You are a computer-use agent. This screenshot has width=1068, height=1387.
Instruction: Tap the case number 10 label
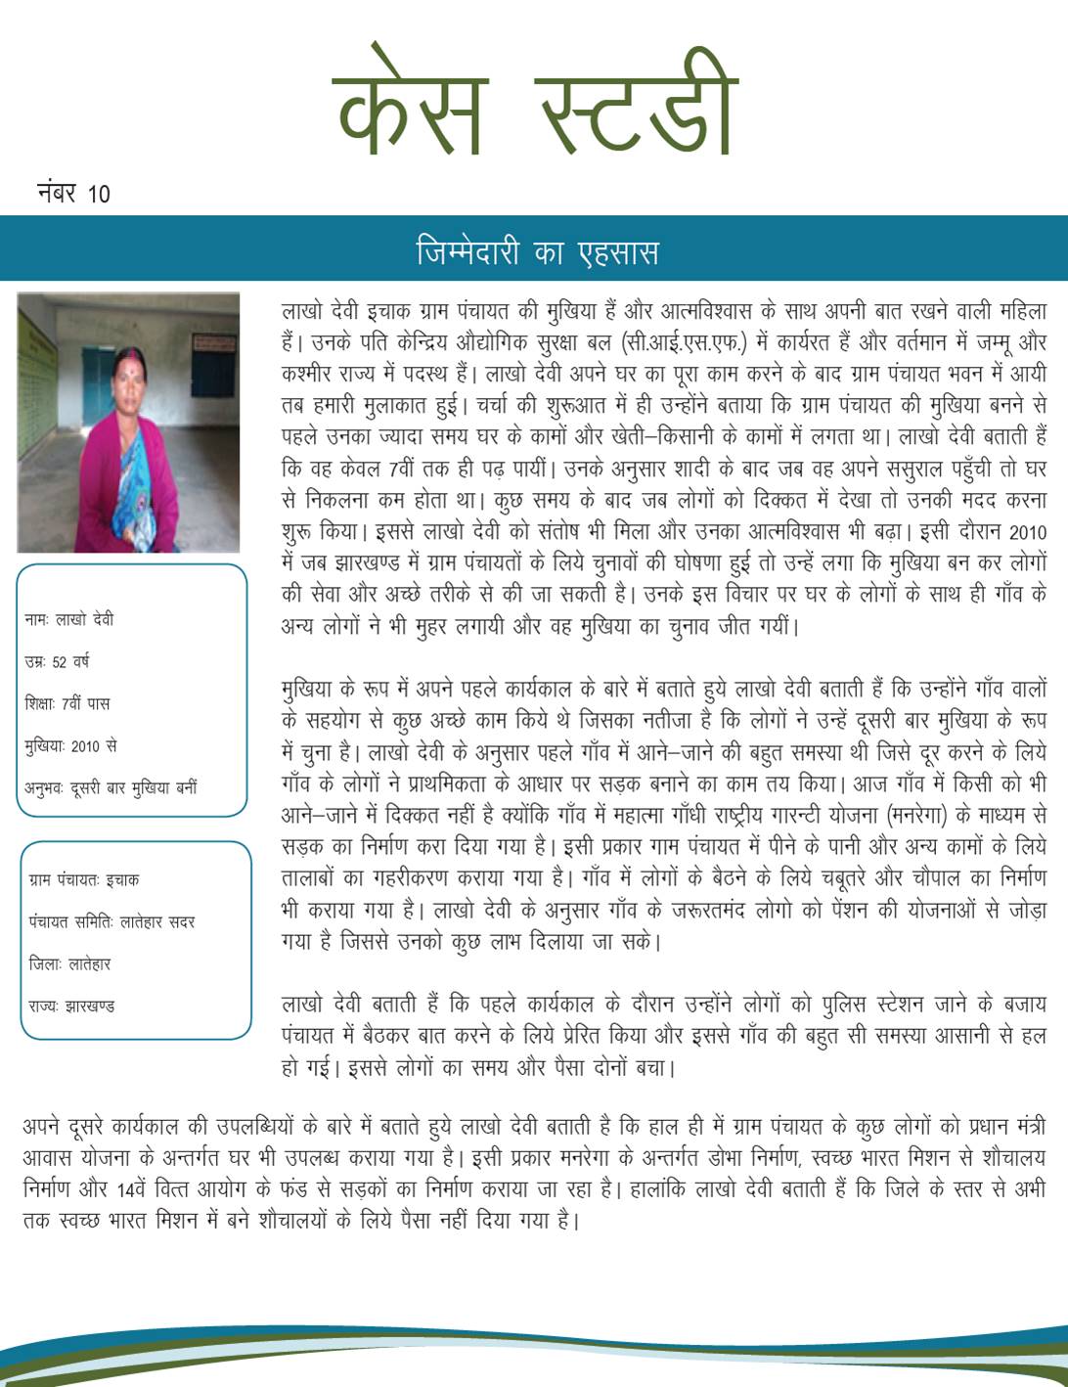coord(73,192)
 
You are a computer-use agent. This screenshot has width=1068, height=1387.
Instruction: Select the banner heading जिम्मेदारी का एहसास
coord(536,251)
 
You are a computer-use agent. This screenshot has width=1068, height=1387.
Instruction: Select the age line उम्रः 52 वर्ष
coord(57,661)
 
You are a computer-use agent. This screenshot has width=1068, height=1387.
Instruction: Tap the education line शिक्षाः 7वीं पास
coord(67,703)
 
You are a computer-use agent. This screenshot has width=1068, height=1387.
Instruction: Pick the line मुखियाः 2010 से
coord(70,745)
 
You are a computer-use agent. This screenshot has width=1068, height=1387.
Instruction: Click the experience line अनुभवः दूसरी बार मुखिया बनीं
coord(111,787)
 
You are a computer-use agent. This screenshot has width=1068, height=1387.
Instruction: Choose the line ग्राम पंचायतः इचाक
coord(84,879)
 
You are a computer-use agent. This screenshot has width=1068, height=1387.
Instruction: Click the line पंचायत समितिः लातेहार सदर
coord(111,921)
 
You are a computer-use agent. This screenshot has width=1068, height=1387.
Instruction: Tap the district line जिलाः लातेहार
coord(69,963)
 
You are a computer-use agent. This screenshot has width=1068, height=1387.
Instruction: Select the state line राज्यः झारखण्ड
coord(71,1006)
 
